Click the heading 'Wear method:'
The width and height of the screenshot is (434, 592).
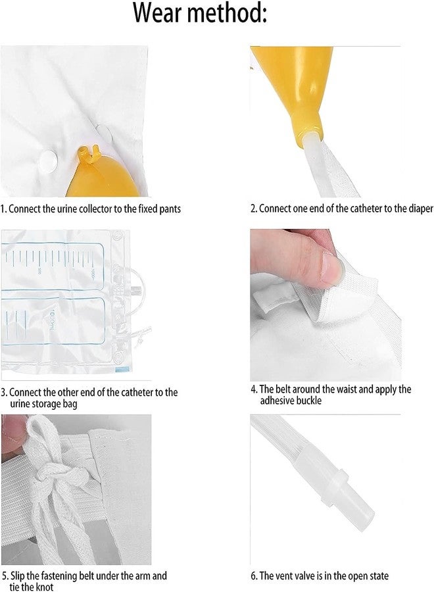coord(200,13)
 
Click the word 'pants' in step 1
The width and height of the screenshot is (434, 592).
coord(170,209)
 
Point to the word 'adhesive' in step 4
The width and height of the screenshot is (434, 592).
coord(276,400)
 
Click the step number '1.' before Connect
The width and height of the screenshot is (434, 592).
coord(3,209)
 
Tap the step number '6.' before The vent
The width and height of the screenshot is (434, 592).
coord(254,576)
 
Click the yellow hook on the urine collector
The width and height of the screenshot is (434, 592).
coord(87,155)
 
